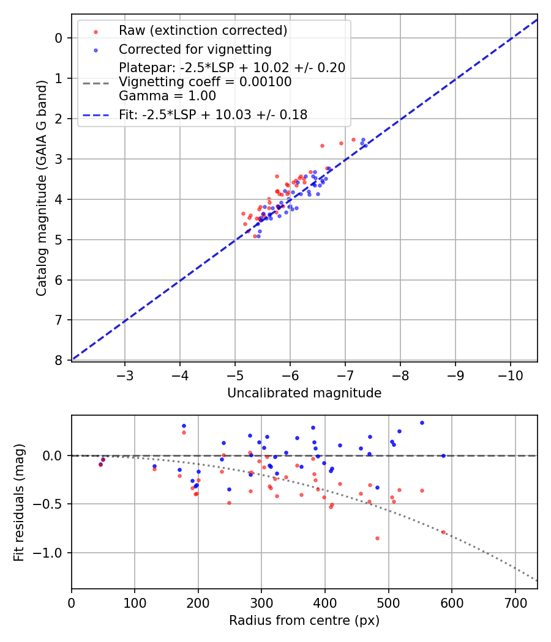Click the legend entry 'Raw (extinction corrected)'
coord(203,31)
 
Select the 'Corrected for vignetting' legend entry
coord(195,49)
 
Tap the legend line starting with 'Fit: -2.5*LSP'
coord(213,114)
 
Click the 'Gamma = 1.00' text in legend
coord(167,95)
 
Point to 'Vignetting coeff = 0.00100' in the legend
coord(205,82)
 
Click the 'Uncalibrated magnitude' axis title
coord(304,393)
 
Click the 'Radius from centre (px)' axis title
coord(304,621)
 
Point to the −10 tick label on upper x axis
coord(511,375)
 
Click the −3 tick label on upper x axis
coord(125,375)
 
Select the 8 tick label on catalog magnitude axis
coord(59,360)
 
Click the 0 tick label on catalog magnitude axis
coord(59,38)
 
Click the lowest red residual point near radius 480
coord(377,538)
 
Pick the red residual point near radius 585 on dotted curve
coord(443,532)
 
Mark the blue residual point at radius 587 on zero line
coord(443,456)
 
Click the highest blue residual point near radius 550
coord(422,422)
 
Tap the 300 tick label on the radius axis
coord(261,602)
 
